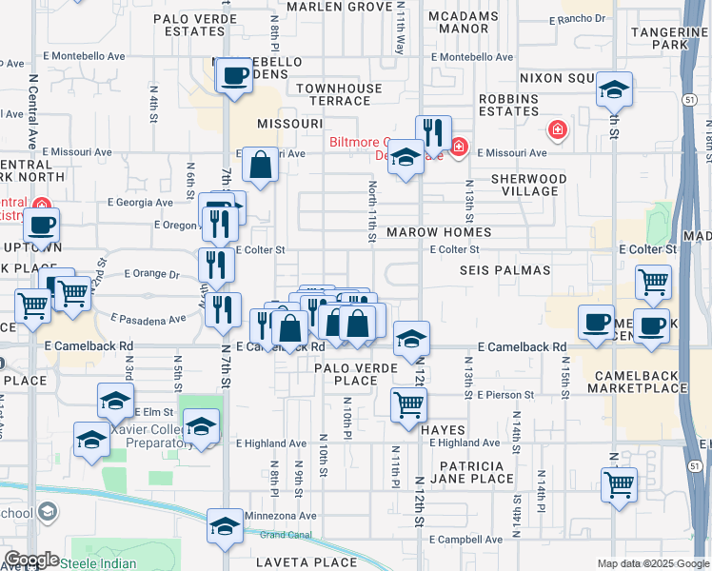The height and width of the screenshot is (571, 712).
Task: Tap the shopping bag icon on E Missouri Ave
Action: point(260,166)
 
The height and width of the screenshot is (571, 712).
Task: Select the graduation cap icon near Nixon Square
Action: point(615,91)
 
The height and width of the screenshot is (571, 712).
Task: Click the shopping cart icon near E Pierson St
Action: point(408,404)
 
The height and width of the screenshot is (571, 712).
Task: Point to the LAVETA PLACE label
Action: point(307,562)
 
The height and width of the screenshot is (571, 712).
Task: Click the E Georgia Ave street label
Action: point(140,202)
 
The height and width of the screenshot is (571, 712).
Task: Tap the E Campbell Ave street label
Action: point(465,540)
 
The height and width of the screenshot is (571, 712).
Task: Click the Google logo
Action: point(30,560)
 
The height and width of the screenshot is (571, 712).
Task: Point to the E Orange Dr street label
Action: point(153,274)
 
